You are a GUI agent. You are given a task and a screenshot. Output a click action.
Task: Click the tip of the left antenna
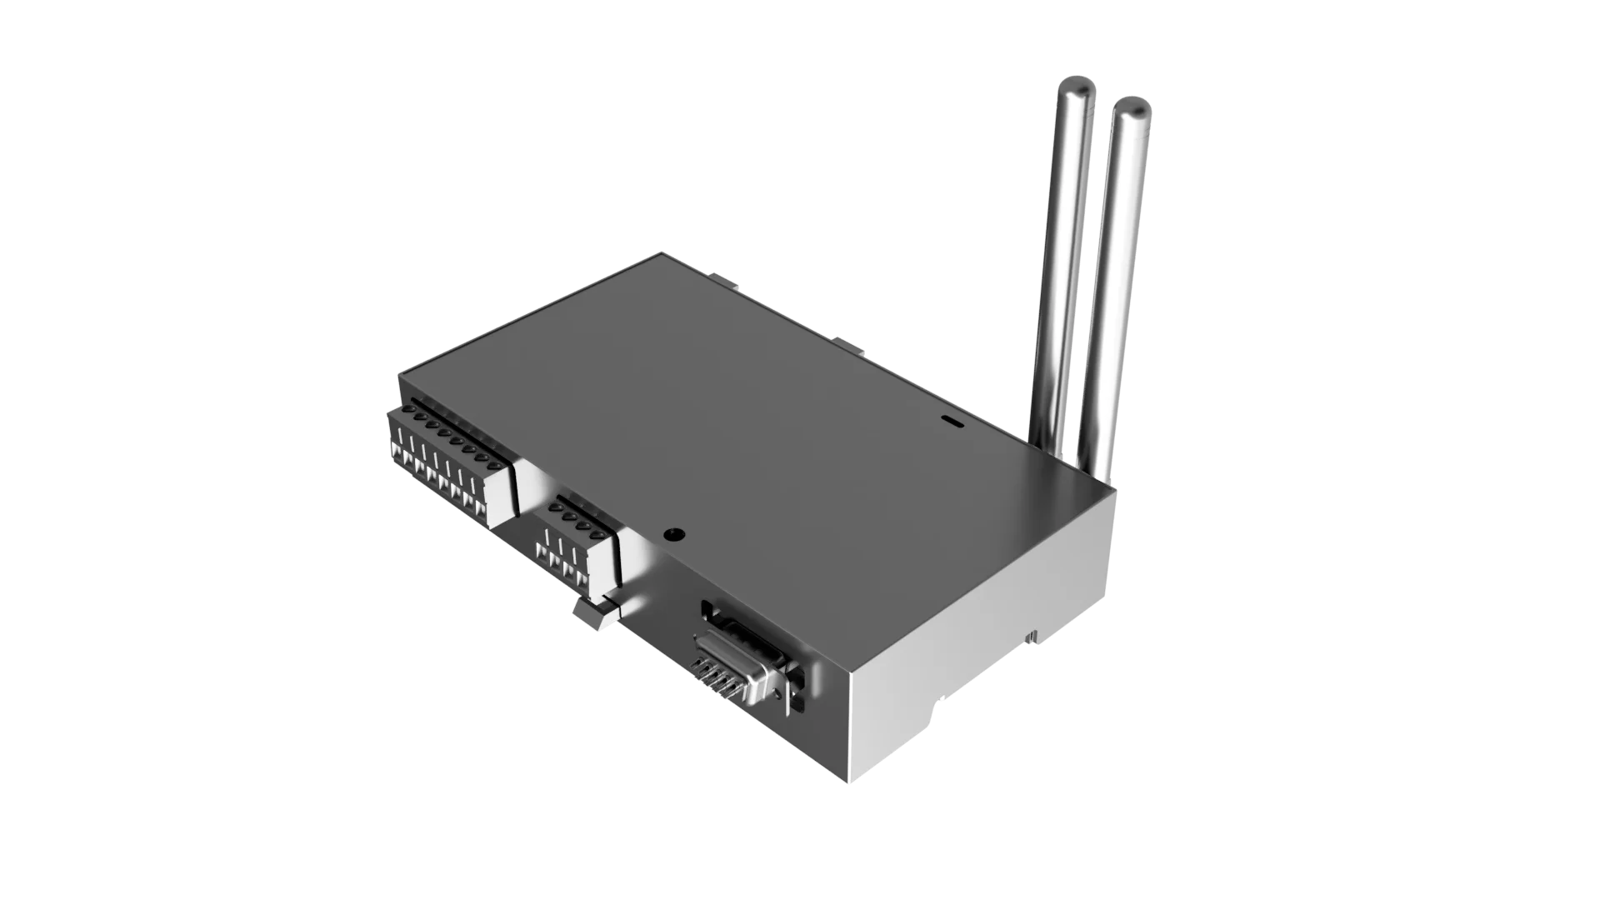pyautogui.click(x=1077, y=85)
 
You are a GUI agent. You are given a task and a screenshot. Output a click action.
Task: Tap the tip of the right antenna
pyautogui.click(x=1132, y=107)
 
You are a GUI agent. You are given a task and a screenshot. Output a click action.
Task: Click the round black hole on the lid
pyautogui.click(x=673, y=535)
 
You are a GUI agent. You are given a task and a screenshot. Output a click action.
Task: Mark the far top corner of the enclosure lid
pyautogui.click(x=662, y=252)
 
